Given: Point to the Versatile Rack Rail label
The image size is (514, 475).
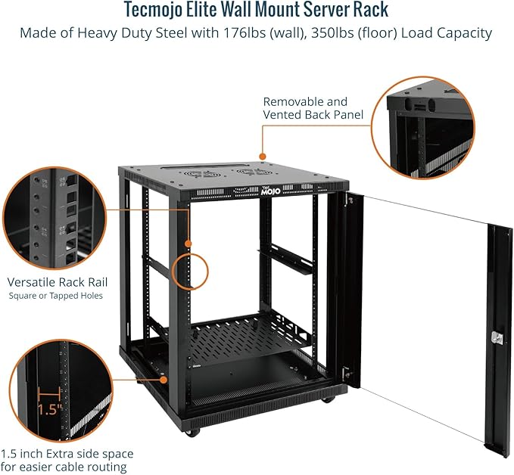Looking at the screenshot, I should pyautogui.click(x=63, y=281).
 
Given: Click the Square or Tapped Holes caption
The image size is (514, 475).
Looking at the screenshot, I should pyautogui.click(x=56, y=296).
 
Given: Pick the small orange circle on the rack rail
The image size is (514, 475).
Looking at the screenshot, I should pyautogui.click(x=190, y=269).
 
